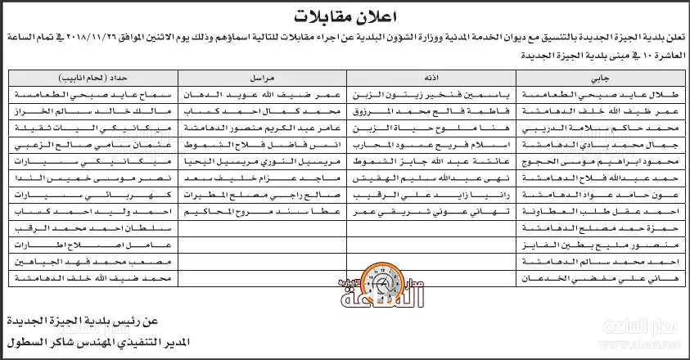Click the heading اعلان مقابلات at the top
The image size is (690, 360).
click(344, 16)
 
